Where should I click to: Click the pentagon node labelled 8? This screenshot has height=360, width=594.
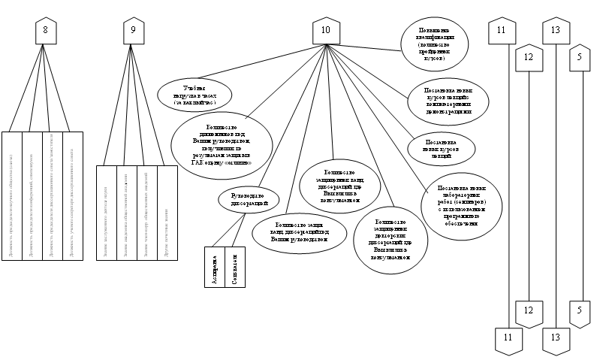[47, 31]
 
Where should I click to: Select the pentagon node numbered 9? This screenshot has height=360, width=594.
[133, 31]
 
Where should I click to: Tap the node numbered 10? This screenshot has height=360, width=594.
[325, 31]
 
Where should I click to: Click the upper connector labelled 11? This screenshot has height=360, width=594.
[502, 31]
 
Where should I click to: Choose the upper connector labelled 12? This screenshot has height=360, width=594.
[528, 57]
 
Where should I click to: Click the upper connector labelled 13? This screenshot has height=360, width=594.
[556, 31]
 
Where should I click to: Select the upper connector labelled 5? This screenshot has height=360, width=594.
[579, 57]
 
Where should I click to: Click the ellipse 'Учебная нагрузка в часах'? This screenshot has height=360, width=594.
[194, 94]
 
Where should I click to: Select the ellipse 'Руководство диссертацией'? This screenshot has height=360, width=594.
[249, 199]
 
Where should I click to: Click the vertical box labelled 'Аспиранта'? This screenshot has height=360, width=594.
[215, 267]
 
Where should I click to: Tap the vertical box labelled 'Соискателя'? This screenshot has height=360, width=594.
[235, 267]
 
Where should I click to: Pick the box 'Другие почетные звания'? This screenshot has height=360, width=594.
[167, 213]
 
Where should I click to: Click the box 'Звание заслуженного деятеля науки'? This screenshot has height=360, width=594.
[107, 213]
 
